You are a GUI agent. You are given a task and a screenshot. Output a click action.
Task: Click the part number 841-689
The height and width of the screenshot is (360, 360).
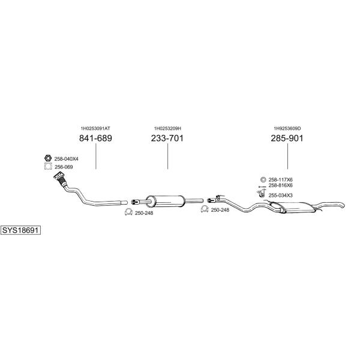coord(95,138)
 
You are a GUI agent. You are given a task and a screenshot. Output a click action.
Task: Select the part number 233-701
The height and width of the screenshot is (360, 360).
coord(167,138)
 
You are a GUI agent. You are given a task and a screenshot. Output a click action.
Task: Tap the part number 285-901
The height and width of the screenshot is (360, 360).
coord(287,138)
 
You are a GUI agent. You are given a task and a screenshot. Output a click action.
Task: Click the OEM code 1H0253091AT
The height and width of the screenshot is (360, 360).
coord(95,128)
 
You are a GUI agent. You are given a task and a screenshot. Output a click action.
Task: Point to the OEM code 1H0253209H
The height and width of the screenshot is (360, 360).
coord(167,128)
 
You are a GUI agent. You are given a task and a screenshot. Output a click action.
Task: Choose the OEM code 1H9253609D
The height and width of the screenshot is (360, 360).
coord(287,128)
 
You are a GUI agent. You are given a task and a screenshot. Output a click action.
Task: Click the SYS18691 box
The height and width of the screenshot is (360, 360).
coord(20,230)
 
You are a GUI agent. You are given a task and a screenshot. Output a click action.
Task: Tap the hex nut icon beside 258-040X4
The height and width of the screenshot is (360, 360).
coord(48,158)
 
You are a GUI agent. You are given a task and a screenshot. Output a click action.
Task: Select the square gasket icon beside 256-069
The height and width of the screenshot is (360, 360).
coord(48,166)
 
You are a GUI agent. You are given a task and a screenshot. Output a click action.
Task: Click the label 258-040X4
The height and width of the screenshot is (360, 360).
coord(67,159)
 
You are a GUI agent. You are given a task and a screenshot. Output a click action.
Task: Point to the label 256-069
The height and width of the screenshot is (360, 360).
coord(64,167)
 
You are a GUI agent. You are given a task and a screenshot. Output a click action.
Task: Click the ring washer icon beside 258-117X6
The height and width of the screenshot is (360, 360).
coord(263,179)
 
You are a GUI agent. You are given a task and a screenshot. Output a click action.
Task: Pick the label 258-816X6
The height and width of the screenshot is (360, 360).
coord(281,185)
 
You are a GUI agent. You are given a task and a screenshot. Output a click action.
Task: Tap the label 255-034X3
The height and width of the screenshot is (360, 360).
coord(281,196)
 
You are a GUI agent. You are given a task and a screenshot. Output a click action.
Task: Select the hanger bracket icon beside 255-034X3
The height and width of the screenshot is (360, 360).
coord(260,193)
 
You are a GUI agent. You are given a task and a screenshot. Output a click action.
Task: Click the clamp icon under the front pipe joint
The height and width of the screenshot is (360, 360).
coord(128,212)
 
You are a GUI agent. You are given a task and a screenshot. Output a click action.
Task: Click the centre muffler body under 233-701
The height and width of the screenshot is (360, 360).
coord(165,201)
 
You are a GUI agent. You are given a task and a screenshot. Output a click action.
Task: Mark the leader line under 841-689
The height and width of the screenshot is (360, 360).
coord(96,156)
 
